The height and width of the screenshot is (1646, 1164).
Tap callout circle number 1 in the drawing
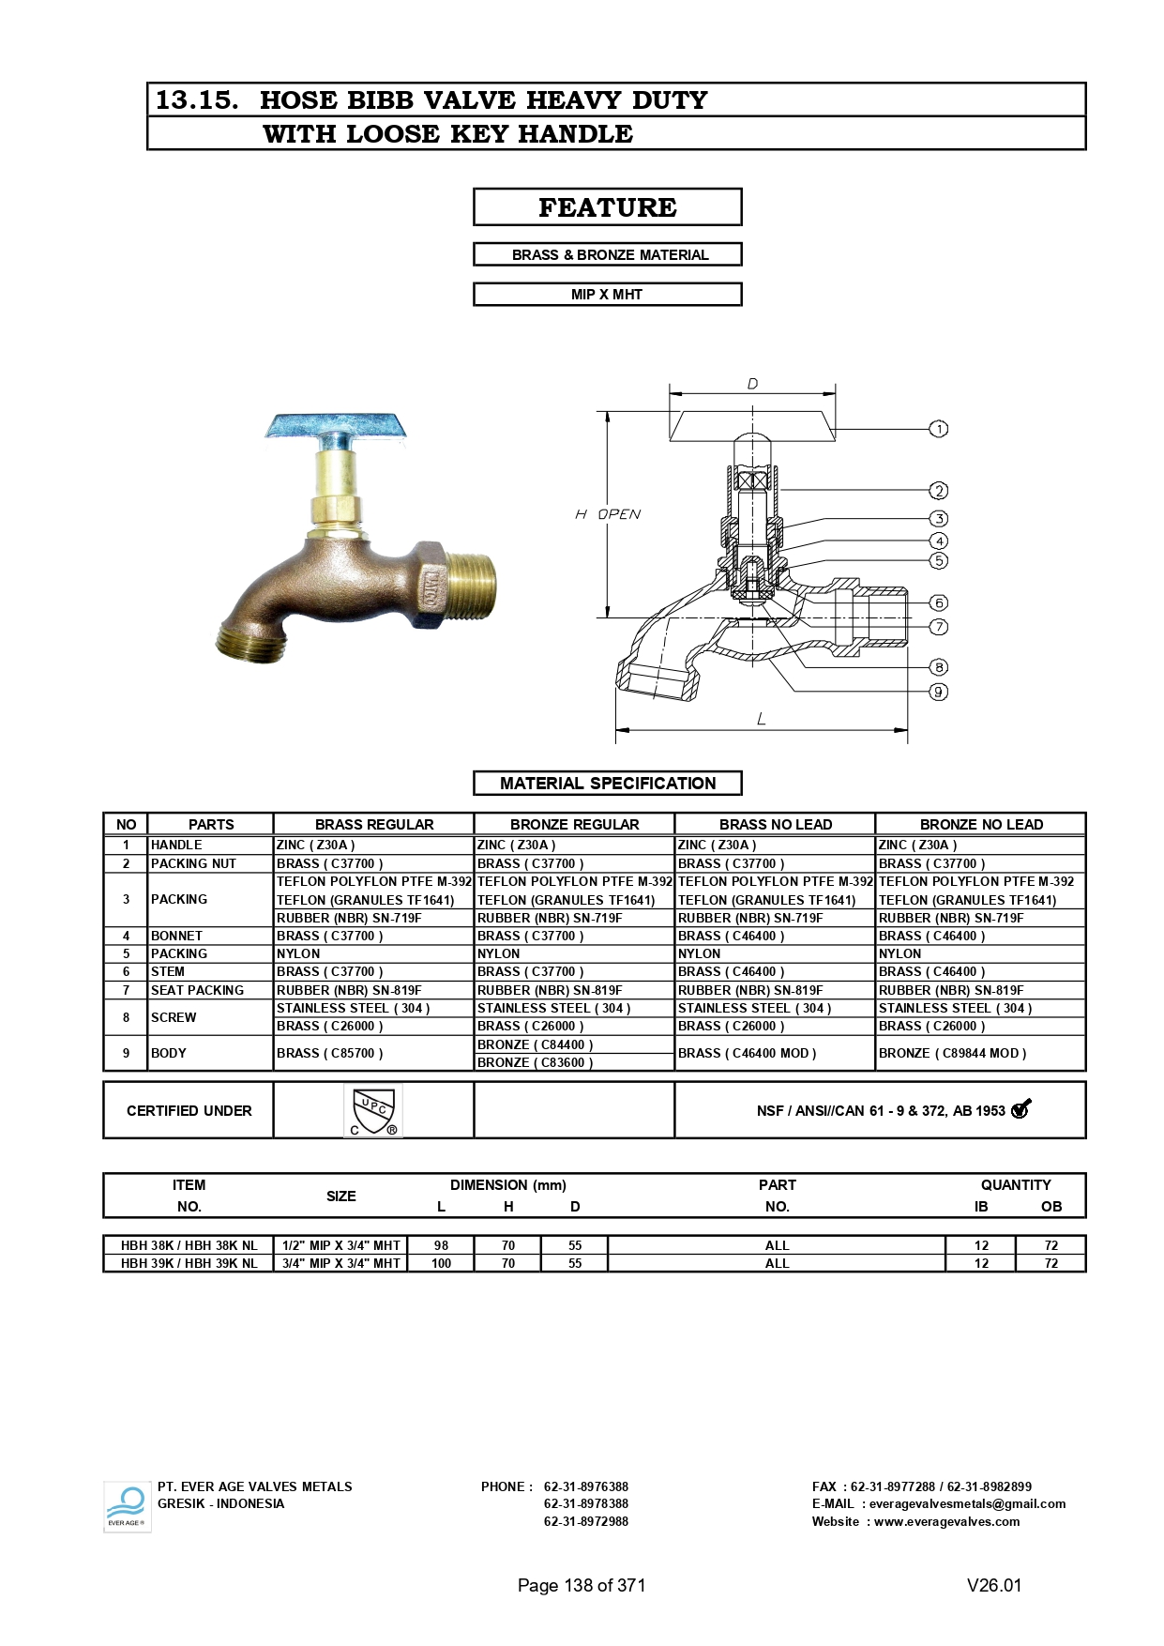[938, 429]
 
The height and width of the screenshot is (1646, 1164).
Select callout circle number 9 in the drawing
[938, 692]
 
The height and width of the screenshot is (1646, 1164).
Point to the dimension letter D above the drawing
[752, 384]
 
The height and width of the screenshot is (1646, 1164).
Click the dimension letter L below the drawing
[761, 719]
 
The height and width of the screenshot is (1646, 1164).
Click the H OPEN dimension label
[608, 514]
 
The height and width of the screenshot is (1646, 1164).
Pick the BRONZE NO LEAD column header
[981, 824]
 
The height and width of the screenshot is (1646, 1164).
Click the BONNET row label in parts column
[176, 936]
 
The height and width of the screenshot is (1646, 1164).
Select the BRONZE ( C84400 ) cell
[535, 1044]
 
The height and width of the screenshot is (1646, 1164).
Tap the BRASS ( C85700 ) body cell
[329, 1053]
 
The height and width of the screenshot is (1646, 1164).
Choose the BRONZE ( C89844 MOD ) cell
[952, 1053]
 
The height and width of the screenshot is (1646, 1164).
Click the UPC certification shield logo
[372, 1111]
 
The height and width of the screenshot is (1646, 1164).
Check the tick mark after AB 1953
[1020, 1109]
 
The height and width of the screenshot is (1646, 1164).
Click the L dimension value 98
[441, 1245]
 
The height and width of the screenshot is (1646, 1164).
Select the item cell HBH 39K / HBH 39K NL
[189, 1263]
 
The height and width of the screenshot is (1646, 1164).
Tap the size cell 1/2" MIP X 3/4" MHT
[341, 1245]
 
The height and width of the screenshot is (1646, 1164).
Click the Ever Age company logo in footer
[127, 1506]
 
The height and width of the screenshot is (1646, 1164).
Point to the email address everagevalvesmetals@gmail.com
[967, 1503]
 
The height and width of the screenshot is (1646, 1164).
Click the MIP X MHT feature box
[607, 295]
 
